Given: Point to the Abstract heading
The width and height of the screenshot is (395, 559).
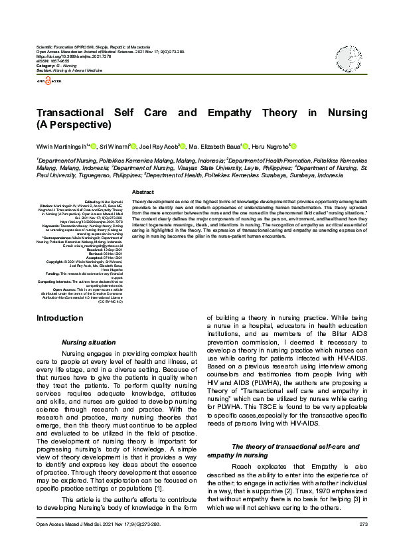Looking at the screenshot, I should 143,191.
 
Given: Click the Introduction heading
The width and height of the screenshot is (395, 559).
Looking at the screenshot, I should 60,318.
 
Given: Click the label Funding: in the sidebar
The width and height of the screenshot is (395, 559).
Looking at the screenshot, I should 54,273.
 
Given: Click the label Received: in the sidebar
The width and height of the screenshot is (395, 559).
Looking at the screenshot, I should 95,249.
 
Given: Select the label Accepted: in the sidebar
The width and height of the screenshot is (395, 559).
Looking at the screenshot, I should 95,257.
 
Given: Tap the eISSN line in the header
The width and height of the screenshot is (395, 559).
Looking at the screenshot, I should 53,62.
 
